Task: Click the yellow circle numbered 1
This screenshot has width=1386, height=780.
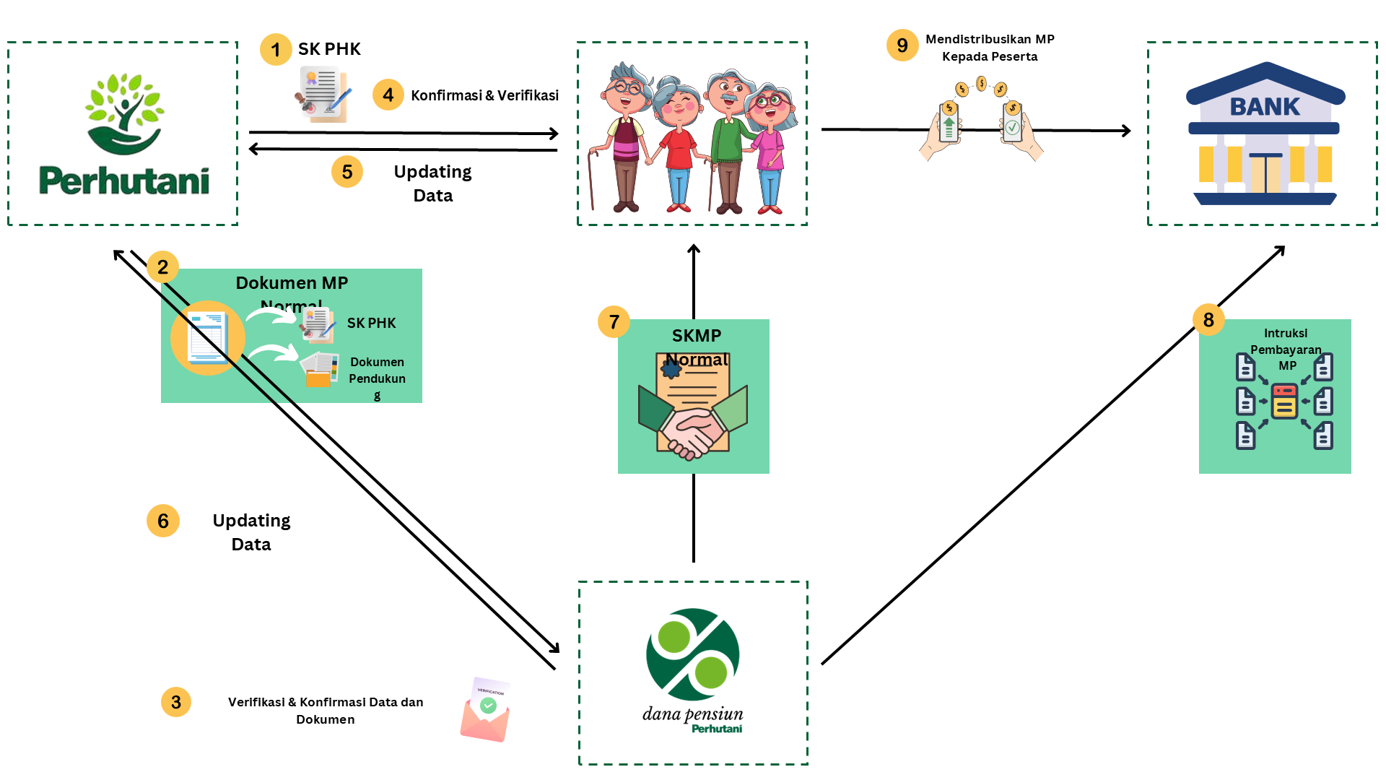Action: [x=275, y=50]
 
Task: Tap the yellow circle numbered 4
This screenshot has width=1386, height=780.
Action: [x=388, y=95]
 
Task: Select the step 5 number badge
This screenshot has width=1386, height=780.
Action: [x=347, y=172]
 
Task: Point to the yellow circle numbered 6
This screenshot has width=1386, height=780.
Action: [x=163, y=521]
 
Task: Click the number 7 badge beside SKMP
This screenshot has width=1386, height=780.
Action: [x=614, y=321]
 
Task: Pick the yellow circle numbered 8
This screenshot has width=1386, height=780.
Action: [x=1208, y=319]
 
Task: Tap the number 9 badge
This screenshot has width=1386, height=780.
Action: [x=902, y=45]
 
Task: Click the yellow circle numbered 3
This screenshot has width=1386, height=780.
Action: [x=176, y=702]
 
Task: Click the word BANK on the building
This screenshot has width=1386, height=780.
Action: [x=1264, y=107]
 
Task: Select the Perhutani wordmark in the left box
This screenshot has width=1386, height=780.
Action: [x=124, y=181]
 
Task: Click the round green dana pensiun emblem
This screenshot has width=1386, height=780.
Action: [x=693, y=654]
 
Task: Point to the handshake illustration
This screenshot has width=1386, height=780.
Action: [x=693, y=430]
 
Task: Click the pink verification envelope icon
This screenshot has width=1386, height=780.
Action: [x=486, y=711]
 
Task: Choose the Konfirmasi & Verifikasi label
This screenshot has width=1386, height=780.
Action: [x=484, y=95]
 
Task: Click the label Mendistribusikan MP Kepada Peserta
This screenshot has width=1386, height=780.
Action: [x=990, y=48]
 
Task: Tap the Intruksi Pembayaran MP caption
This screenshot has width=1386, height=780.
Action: [x=1286, y=349]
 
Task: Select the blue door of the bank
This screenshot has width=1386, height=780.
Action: [x=1265, y=173]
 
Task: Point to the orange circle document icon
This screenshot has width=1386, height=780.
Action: [x=208, y=338]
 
